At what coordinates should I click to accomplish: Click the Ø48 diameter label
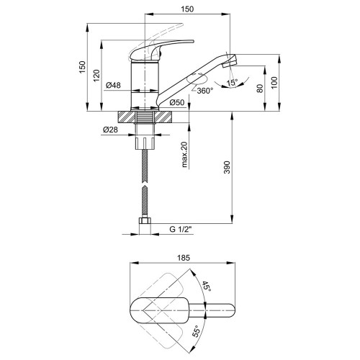click(x=113, y=85)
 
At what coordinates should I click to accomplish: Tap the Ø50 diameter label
click(x=177, y=102)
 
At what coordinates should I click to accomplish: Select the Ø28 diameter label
click(x=110, y=130)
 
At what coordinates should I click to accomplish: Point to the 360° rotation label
click(x=204, y=91)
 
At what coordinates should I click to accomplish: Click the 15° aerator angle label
click(x=232, y=83)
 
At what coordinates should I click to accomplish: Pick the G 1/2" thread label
click(x=181, y=229)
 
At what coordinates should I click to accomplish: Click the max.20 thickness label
click(x=184, y=155)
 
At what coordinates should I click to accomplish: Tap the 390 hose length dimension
click(x=228, y=167)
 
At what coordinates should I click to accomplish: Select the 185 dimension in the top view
click(x=184, y=258)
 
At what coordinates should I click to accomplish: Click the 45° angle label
click(x=207, y=286)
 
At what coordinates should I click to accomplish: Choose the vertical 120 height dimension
click(x=96, y=76)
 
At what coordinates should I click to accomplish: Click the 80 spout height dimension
click(x=260, y=89)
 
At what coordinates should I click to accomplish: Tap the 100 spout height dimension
click(x=274, y=83)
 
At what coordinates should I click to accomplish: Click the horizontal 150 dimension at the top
click(x=187, y=9)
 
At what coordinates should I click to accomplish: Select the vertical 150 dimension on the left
click(x=82, y=67)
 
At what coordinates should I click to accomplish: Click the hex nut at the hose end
click(x=145, y=220)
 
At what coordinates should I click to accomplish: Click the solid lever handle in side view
click(x=158, y=50)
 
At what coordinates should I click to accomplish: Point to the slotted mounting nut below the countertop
click(x=145, y=143)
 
